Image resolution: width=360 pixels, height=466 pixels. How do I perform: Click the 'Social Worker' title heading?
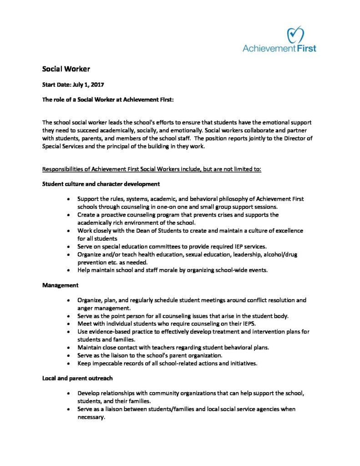66,69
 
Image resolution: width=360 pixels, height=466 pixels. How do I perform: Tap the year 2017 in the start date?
97,85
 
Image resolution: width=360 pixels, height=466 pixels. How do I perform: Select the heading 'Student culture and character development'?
101,184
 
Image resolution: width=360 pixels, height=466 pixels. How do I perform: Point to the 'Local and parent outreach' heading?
77,378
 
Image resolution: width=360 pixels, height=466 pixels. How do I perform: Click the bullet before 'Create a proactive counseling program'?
68,215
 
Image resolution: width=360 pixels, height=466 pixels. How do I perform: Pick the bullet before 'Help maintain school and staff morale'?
68,270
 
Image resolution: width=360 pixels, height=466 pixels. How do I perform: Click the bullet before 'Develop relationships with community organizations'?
68,393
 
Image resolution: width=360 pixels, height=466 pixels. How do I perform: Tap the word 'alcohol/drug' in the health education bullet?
279,254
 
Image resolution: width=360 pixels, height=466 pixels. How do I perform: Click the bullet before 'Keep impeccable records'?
68,364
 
